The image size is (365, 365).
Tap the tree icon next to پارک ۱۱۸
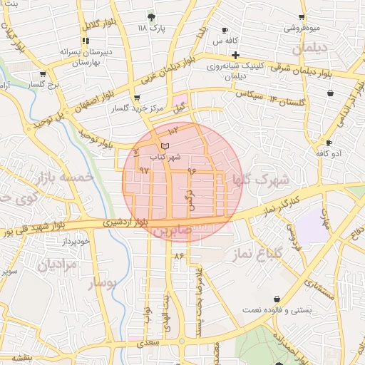coord(150,16)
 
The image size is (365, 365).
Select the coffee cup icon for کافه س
coord(225,31)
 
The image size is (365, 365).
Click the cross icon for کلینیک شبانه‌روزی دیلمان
coord(235,55)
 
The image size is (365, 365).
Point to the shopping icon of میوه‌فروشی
coord(302,17)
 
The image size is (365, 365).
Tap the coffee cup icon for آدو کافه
coord(328,143)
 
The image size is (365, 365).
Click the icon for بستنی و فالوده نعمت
coord(277,299)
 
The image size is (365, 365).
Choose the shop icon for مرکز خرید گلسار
coord(137,98)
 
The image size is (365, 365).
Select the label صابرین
coord(172,232)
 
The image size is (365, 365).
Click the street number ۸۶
coord(178,255)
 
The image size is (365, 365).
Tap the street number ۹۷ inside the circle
coord(145,170)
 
